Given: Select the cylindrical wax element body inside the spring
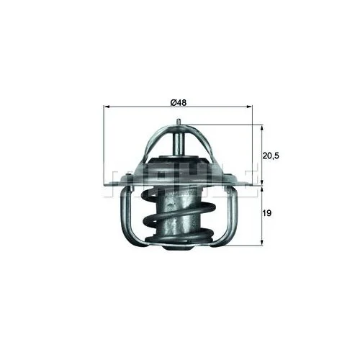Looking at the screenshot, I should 178,209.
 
